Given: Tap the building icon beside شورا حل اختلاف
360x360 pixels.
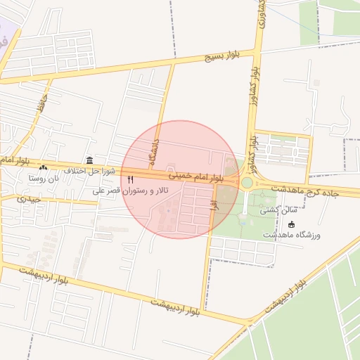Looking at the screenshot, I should (89, 161).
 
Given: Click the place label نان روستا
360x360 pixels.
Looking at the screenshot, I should (44, 179).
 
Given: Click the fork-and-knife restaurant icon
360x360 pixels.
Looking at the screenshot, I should (130, 181).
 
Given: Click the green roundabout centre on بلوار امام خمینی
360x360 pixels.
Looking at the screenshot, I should (247, 183).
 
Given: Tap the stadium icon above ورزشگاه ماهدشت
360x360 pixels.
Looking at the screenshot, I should (292, 224).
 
